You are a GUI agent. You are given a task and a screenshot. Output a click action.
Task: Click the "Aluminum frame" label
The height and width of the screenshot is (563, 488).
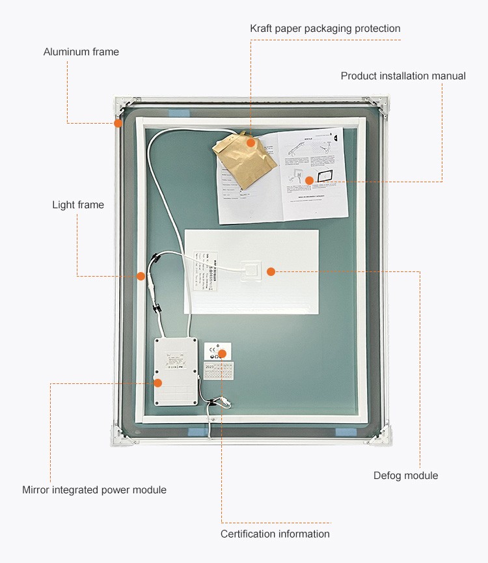tap(81, 51)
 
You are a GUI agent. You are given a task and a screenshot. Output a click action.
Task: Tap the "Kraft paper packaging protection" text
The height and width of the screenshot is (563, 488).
tap(325, 29)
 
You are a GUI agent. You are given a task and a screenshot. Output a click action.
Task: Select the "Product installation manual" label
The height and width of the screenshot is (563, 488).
tap(403, 76)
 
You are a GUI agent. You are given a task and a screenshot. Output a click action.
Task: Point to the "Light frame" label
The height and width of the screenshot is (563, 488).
tap(78, 205)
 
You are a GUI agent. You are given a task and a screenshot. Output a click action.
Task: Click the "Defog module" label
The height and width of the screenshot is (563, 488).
tap(405, 476)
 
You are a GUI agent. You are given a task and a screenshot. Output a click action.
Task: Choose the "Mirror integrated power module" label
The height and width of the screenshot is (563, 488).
tap(94, 490)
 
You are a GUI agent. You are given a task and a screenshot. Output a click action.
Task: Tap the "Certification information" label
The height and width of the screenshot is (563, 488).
tap(275, 534)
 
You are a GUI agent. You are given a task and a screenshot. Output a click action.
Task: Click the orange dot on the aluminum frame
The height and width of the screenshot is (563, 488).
tap(118, 123)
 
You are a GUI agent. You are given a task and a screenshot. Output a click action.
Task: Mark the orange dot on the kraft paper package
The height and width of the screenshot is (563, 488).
tap(251, 142)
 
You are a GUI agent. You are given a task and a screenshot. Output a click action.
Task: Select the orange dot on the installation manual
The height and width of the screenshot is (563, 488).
tap(309, 180)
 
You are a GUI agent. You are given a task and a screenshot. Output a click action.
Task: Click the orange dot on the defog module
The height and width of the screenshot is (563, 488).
tap(271, 271)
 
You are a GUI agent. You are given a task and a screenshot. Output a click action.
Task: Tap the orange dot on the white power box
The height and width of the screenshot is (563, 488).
tap(157, 383)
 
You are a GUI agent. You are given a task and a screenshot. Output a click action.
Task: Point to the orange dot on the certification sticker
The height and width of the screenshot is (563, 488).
tap(222, 354)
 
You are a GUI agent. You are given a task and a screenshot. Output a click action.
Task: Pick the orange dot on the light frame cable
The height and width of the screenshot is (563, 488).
tap(141, 276)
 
